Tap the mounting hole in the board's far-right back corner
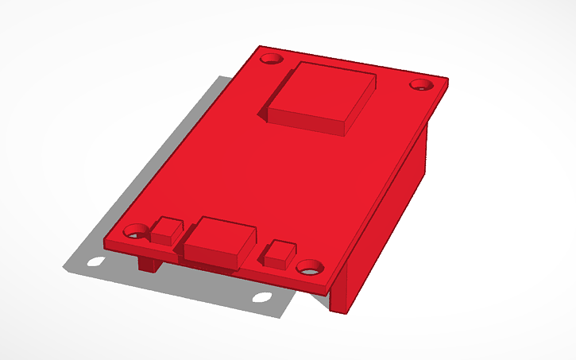click(419, 85)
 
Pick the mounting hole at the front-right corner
click(310, 267)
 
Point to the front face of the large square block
click(306, 121)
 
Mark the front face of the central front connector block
click(211, 254)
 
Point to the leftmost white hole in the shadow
click(96, 261)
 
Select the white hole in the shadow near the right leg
click(261, 298)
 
